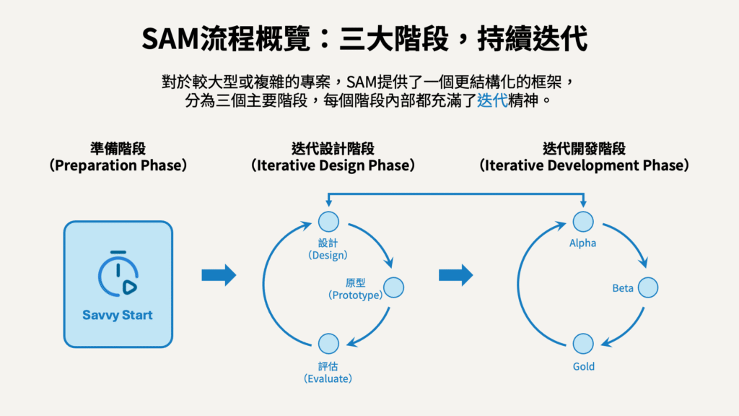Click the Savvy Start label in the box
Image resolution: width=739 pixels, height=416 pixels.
[x=118, y=315]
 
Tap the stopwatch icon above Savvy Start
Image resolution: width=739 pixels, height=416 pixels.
[x=118, y=274]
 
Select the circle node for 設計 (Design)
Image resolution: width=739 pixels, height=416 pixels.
[x=328, y=222]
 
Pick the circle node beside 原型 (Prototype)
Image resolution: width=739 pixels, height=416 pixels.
[x=393, y=287]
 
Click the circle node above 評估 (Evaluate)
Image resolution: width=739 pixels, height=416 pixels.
[x=328, y=344]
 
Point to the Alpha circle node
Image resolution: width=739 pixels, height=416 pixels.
[x=583, y=222]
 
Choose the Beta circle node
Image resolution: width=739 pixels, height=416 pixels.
[x=648, y=287]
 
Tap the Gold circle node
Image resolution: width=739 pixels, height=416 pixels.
[x=583, y=344]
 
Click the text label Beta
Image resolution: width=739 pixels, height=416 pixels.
[x=623, y=288]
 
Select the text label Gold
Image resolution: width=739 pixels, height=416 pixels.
[x=584, y=366]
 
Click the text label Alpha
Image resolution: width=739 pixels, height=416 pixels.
[x=583, y=243]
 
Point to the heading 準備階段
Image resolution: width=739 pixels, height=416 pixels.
[x=118, y=149]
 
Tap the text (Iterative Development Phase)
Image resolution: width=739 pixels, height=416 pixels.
[x=584, y=165]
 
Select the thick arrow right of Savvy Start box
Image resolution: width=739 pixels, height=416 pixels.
[x=219, y=274]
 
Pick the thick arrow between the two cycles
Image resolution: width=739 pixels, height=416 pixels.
[x=456, y=274]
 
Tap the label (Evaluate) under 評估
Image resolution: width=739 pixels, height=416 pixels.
[x=328, y=378]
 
